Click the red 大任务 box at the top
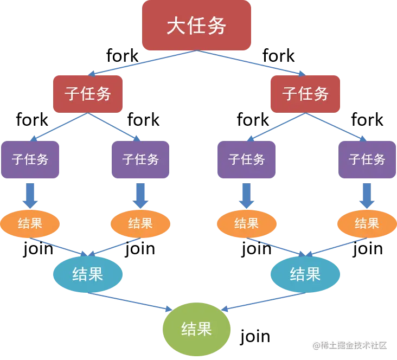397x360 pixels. (196, 25)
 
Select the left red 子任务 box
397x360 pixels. (88, 93)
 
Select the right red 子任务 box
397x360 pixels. (305, 93)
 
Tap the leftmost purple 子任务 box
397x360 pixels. (30, 159)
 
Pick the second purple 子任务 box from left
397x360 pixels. (140, 159)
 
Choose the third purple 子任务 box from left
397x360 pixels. (247, 159)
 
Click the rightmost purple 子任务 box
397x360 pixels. (367, 159)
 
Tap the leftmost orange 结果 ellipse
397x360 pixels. (30, 223)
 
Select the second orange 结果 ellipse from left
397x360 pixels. (140, 223)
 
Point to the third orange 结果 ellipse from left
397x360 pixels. (247, 223)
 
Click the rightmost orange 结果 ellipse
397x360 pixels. (367, 223)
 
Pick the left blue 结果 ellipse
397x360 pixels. (87, 274)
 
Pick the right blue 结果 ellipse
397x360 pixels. (305, 274)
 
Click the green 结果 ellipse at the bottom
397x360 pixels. (196, 329)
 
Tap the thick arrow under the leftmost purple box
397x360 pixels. (30, 195)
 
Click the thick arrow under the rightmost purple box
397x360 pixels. (367, 195)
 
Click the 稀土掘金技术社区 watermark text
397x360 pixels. (352, 345)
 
